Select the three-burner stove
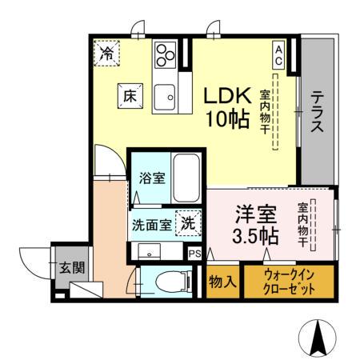166,54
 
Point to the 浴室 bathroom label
152,177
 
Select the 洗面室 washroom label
151,225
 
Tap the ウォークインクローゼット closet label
288,282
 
